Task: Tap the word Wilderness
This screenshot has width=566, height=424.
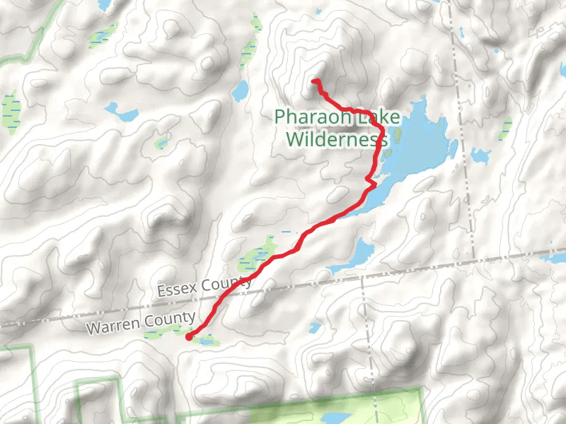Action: tap(337, 139)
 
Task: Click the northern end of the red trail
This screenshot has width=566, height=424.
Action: tap(313, 81)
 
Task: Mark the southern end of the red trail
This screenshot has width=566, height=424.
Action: tap(187, 338)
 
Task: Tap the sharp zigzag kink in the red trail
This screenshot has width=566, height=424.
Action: tap(371, 184)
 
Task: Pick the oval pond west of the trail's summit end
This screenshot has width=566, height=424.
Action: tap(241, 90)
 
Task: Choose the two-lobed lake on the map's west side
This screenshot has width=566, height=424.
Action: tap(121, 112)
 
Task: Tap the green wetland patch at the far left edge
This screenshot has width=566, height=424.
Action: tap(11, 110)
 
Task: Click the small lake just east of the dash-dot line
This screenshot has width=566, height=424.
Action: tap(480, 155)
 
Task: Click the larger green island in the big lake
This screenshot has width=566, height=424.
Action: tap(397, 134)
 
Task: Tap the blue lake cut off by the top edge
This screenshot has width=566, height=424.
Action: tap(105, 4)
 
